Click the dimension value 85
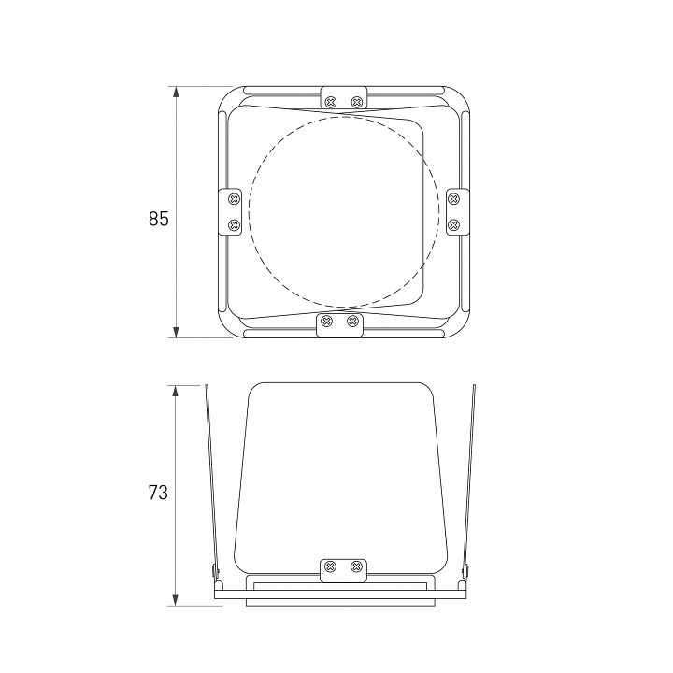pos(159,219)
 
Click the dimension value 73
pos(158,493)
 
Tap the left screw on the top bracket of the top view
pos(331,102)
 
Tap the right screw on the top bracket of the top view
pos(357,102)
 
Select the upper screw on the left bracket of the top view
pos(234,199)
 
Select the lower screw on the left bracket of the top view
pos(234,224)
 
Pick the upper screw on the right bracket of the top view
pos(453,199)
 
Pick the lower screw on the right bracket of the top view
pos(453,224)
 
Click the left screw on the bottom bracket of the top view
pos(326,321)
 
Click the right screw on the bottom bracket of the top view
pos(352,321)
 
